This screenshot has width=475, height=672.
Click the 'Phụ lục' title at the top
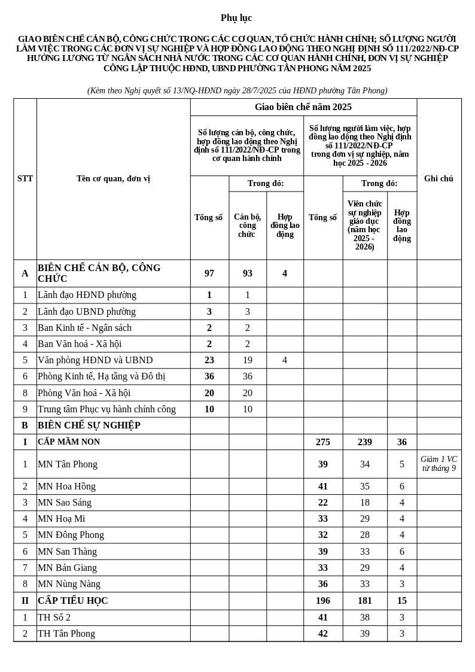(x=236, y=18)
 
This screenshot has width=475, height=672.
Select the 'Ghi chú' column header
(x=439, y=178)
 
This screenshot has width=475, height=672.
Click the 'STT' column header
(x=25, y=178)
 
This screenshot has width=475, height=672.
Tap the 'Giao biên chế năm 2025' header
(x=303, y=107)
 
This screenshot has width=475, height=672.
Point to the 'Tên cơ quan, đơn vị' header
(x=113, y=178)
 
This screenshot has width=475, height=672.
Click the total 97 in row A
(x=209, y=273)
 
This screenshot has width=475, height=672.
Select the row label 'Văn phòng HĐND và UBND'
(x=95, y=360)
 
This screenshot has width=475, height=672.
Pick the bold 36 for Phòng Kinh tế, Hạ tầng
(x=209, y=376)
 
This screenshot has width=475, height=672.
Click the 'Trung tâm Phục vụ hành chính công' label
(x=106, y=409)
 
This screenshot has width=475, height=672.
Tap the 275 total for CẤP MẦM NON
(x=323, y=442)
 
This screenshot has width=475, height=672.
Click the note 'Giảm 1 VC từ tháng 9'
(x=439, y=464)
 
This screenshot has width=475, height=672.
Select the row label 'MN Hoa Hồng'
(x=66, y=486)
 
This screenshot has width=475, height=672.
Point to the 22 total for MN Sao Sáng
(x=323, y=503)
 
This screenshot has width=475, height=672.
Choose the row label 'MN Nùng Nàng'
(x=69, y=584)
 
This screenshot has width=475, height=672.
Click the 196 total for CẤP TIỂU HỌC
(x=323, y=601)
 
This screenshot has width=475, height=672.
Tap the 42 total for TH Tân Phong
(x=323, y=634)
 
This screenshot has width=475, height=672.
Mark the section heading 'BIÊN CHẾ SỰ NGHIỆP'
(x=89, y=425)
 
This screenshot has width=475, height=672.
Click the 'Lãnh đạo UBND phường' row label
(x=87, y=312)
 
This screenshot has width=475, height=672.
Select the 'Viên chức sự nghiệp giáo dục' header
(x=365, y=225)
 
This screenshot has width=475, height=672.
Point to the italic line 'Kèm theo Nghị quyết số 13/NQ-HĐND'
(x=237, y=91)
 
